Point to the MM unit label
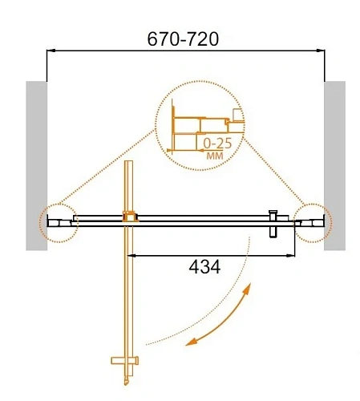pyautogui.click(x=214, y=156)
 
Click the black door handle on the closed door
pyautogui.click(x=273, y=224)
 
